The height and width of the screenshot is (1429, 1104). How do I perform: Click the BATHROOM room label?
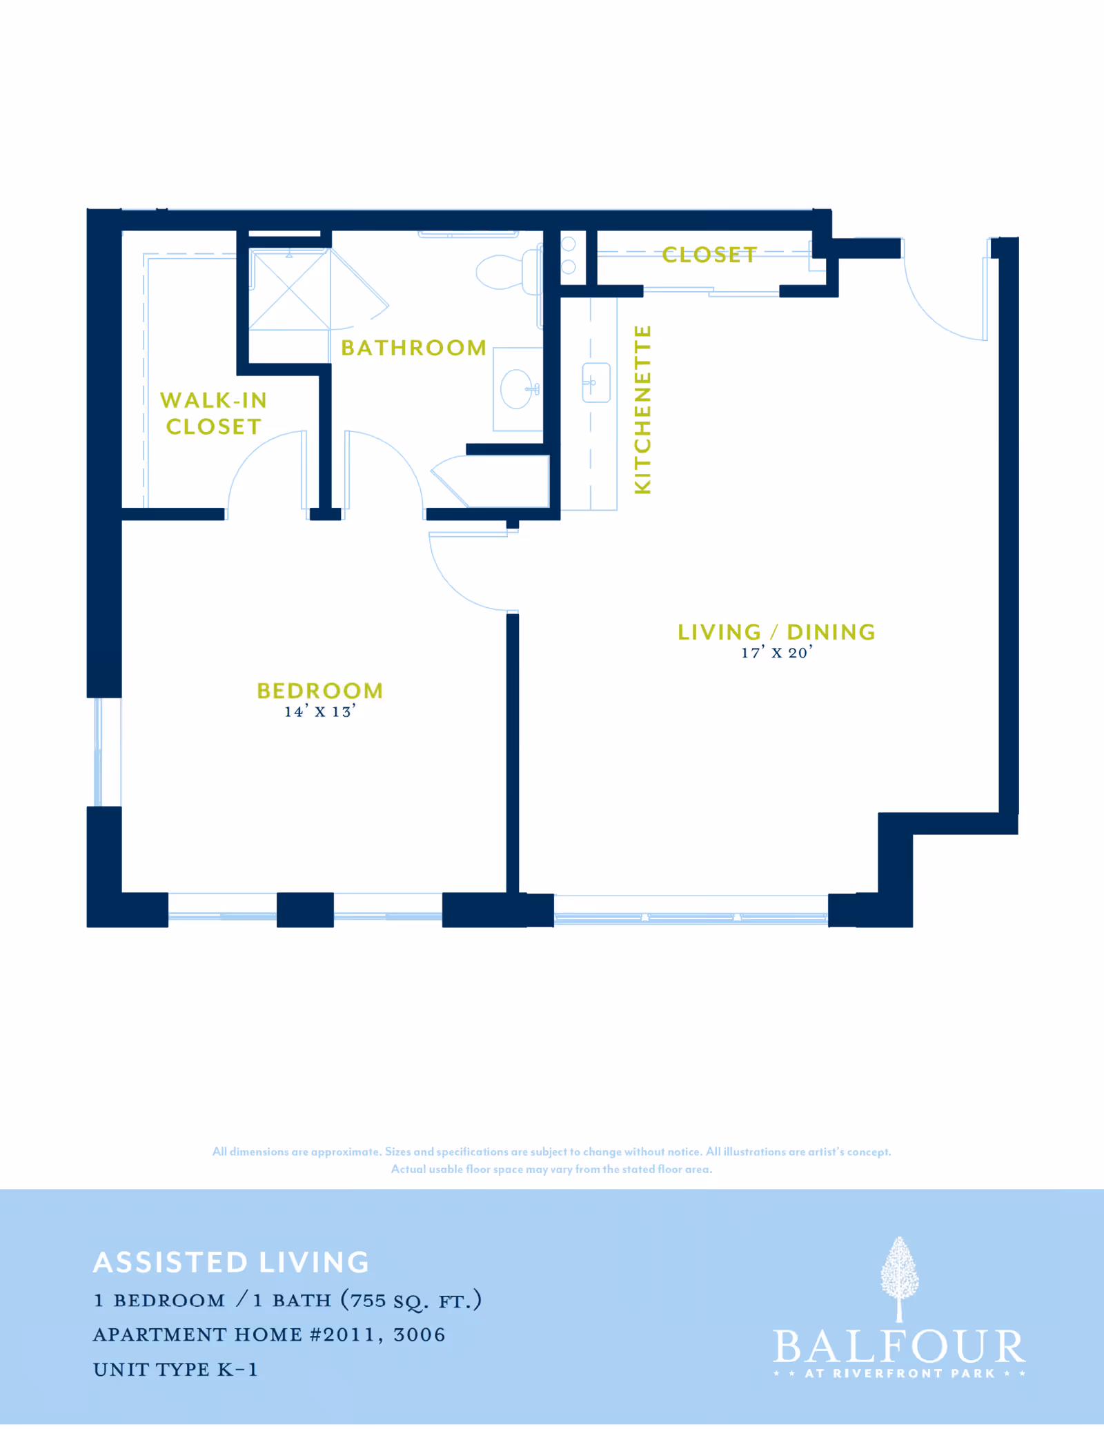413,348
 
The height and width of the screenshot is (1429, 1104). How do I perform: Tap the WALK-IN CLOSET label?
213,413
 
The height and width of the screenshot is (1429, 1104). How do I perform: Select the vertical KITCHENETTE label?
642,410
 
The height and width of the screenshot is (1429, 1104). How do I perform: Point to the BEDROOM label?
320,691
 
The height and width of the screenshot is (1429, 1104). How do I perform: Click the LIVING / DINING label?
776,632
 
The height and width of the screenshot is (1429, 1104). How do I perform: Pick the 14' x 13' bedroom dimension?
320,712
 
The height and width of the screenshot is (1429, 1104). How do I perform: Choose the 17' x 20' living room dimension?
776,653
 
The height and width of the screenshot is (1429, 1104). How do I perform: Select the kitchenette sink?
596,382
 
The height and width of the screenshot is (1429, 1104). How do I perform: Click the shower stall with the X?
289,290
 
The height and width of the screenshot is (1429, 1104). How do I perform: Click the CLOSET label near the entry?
709,255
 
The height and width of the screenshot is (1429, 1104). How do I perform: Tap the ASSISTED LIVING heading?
231,1263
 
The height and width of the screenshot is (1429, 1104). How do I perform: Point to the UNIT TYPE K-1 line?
175,1370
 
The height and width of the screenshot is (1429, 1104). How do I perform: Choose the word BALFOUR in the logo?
899,1347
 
